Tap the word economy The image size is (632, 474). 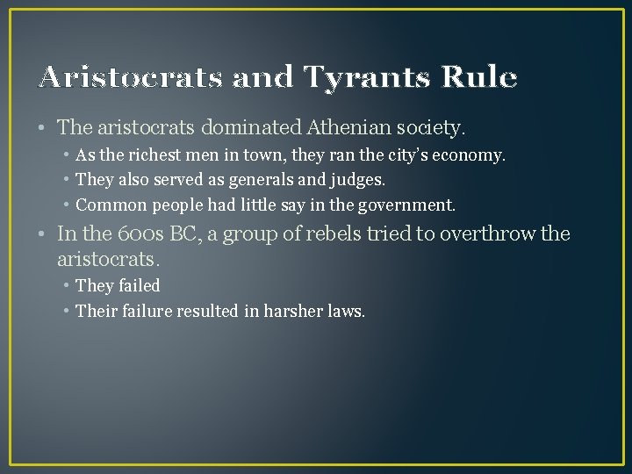(471, 156)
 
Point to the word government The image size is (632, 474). (408, 205)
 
